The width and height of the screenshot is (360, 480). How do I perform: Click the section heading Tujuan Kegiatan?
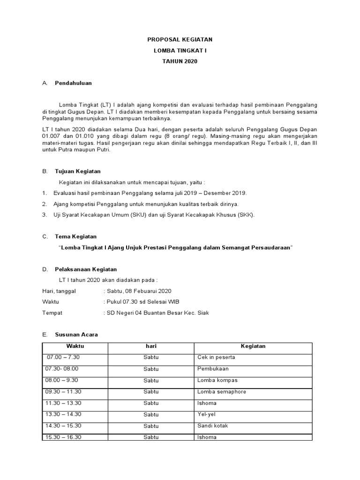click(x=77, y=172)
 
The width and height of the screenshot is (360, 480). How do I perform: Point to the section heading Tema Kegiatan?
click(x=75, y=237)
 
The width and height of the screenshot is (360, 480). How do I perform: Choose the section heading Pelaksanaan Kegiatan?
click(x=86, y=270)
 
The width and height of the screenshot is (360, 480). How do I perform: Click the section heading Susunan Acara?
click(x=76, y=335)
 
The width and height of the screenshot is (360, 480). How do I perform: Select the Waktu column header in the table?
click(x=75, y=346)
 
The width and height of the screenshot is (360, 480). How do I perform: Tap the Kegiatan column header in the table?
click(x=253, y=346)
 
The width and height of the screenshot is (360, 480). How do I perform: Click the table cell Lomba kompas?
click(x=217, y=380)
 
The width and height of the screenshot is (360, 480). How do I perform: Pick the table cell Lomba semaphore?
click(x=222, y=391)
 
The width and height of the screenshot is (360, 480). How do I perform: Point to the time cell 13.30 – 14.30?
click(x=63, y=414)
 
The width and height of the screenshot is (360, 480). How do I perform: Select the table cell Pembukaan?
click(x=214, y=369)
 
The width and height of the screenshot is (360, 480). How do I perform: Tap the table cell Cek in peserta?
click(x=216, y=357)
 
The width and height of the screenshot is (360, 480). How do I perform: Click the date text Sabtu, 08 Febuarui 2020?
click(x=139, y=291)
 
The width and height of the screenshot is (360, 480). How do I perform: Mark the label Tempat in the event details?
click(x=52, y=313)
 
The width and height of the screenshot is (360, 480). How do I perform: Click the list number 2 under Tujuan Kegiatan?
click(x=44, y=204)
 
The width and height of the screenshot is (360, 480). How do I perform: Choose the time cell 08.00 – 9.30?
click(x=61, y=380)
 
